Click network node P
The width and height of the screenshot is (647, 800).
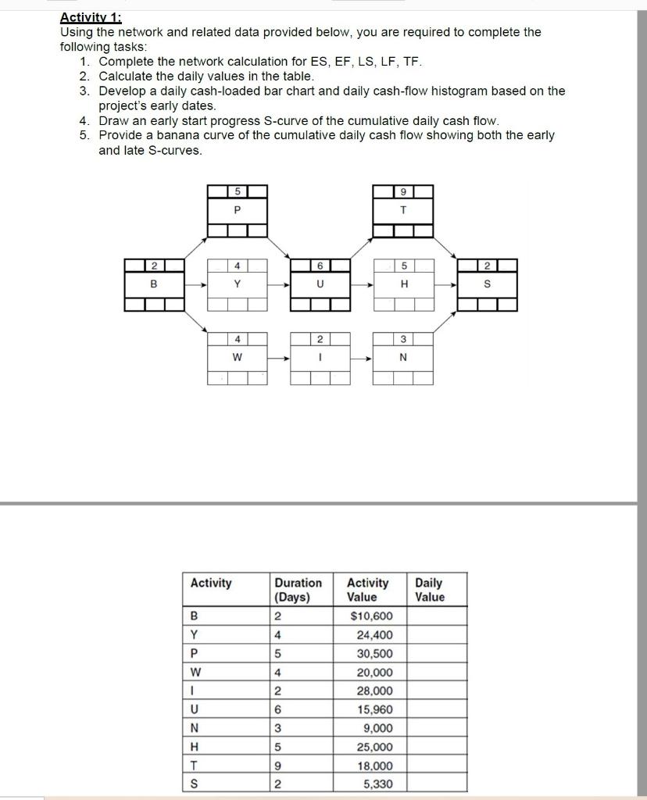click(238, 209)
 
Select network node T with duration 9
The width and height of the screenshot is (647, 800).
click(403, 209)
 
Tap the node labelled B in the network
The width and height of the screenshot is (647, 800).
click(154, 284)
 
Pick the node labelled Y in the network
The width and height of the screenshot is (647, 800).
click(238, 284)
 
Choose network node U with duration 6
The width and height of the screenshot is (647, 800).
click(320, 284)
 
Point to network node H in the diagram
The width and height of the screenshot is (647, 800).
click(403, 284)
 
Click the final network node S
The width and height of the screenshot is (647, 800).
click(487, 284)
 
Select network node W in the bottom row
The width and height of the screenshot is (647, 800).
click(238, 359)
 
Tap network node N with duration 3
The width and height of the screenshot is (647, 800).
click(403, 359)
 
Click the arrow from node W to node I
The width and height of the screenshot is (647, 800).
click(278, 359)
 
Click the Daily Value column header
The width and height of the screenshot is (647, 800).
click(430, 590)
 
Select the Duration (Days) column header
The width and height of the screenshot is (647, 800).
click(298, 590)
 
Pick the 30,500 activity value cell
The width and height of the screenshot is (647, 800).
click(374, 654)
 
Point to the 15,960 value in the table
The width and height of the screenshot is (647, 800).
click(374, 710)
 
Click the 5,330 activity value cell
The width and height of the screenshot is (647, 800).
click(377, 784)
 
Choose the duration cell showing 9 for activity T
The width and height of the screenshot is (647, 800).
click(277, 766)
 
